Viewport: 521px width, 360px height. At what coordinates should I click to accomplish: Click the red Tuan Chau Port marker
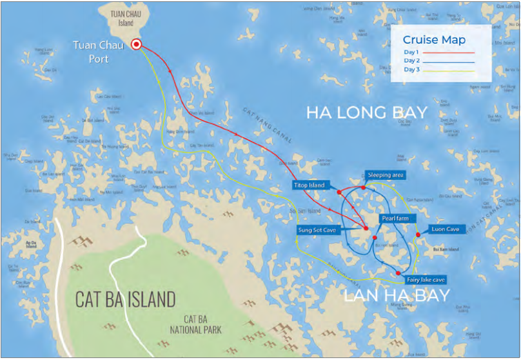pos(136,45)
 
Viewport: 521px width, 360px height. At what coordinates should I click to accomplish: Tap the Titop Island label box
pos(309,185)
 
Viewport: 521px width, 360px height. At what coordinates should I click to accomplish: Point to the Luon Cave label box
pos(445,229)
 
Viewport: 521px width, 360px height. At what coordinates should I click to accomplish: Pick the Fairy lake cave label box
pos(426,280)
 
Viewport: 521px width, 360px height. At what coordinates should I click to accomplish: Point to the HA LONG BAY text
pos(366,113)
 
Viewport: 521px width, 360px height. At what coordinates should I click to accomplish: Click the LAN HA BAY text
pos(396,296)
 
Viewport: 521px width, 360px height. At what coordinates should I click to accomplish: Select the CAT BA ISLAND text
pos(125,299)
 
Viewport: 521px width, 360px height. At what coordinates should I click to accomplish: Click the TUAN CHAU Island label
pos(121,18)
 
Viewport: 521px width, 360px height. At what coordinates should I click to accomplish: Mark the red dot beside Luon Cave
pos(418,234)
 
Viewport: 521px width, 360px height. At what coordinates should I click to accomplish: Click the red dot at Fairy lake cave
pos(398,274)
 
